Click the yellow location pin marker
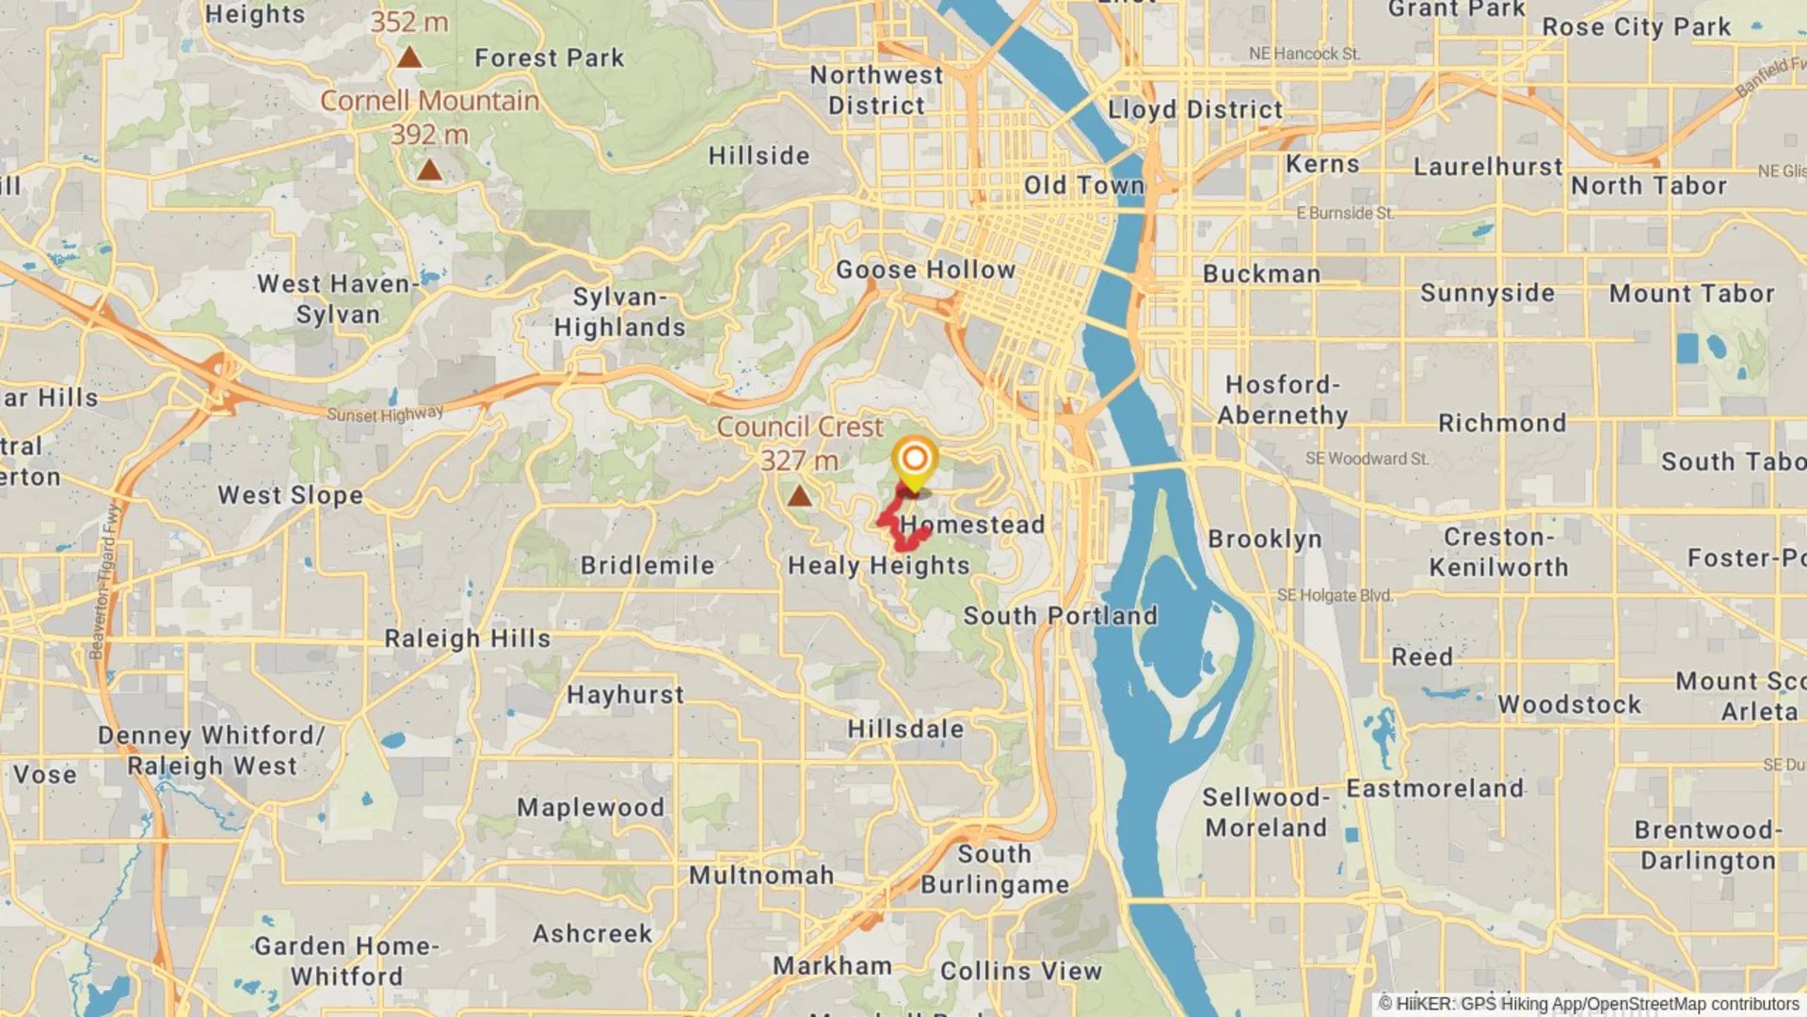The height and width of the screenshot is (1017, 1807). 914,460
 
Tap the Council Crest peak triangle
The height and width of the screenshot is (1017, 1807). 799,495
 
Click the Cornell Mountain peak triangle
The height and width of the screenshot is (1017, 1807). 429,169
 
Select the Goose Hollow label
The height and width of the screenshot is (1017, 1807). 925,270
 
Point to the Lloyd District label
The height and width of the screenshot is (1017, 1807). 1194,110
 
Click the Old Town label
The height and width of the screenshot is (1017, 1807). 1083,186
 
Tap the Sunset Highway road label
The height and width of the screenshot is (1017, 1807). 385,414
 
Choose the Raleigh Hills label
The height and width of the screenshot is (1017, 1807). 467,638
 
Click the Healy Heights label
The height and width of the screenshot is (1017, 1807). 878,566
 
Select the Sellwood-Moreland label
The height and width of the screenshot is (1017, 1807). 1266,813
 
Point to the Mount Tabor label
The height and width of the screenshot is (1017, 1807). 1691,294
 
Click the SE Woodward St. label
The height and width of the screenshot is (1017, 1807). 1366,459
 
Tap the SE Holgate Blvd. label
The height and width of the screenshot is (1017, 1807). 1335,595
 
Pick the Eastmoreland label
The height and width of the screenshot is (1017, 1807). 1434,788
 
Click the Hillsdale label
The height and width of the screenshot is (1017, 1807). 905,729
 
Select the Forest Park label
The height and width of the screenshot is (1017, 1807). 549,58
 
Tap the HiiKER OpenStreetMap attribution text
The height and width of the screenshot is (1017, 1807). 1589,1004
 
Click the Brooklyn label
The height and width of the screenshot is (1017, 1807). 1265,540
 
